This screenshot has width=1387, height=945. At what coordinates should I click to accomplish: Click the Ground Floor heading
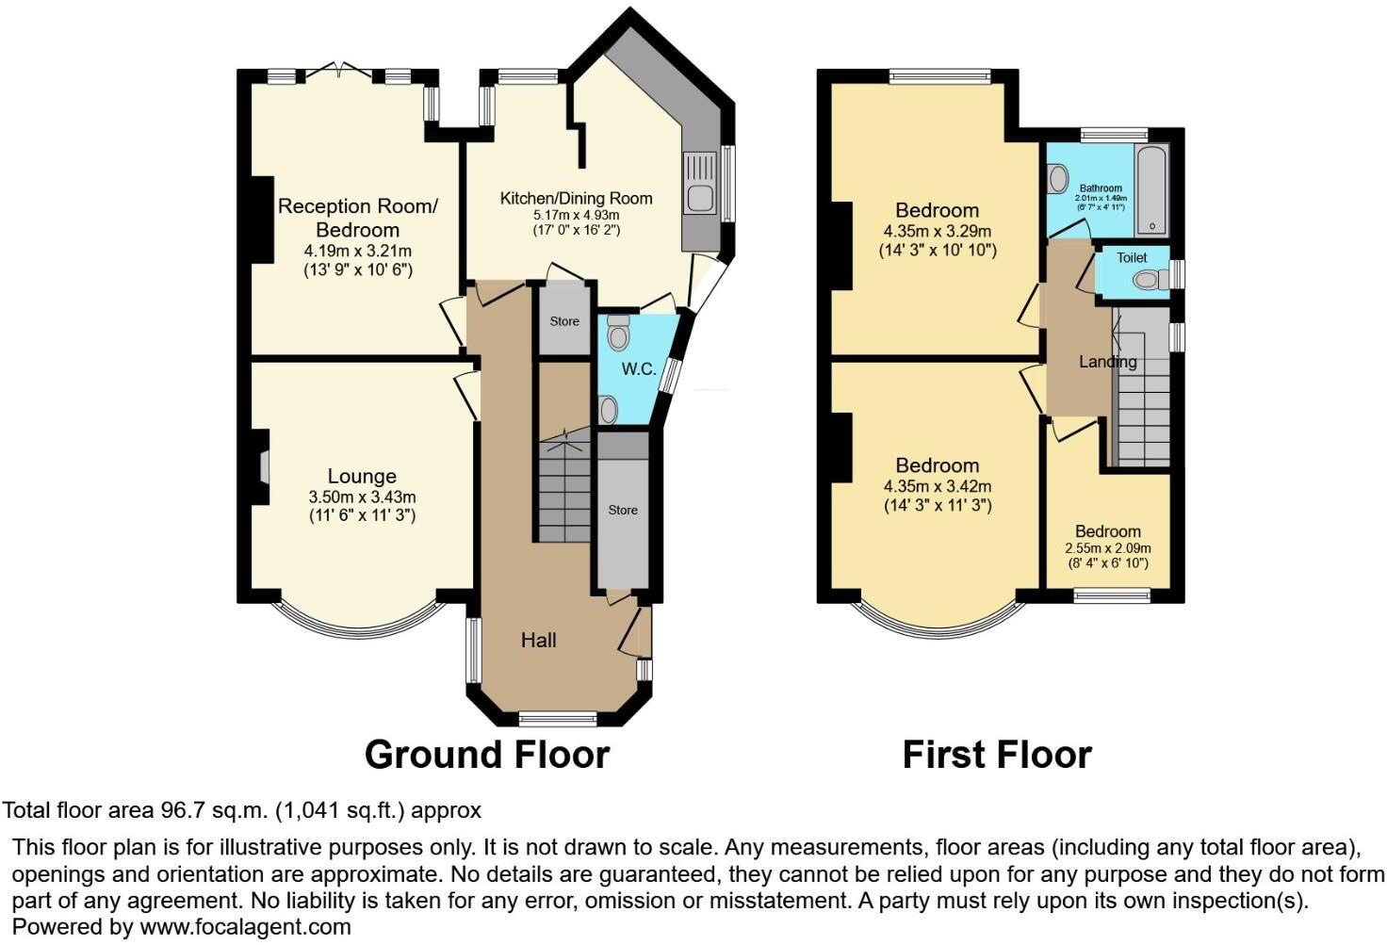coord(486,755)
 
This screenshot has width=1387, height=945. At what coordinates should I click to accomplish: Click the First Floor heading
coord(996,755)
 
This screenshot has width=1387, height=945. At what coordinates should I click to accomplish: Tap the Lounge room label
coord(362,477)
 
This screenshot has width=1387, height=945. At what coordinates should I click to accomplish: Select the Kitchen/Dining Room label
coord(576,198)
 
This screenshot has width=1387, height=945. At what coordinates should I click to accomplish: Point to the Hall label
coord(539,641)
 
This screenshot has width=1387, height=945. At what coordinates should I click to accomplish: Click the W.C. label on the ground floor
coord(638,369)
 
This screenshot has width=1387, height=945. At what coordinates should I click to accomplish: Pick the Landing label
coord(1107,362)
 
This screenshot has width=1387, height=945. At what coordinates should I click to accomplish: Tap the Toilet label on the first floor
coord(1132,257)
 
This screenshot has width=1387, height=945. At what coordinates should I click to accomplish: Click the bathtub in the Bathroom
coord(1151,189)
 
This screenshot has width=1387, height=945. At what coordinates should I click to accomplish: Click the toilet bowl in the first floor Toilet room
coord(1147,279)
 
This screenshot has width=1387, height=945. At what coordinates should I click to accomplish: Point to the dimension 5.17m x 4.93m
coord(576,216)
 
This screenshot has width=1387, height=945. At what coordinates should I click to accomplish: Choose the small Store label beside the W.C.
coord(564,321)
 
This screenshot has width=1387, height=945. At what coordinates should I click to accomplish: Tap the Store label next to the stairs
coord(623,510)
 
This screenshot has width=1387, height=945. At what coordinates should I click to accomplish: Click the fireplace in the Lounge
coord(263,466)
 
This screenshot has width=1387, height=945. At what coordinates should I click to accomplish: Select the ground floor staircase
coord(564,490)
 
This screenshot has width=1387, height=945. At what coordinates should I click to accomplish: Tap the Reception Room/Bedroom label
coord(357,218)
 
